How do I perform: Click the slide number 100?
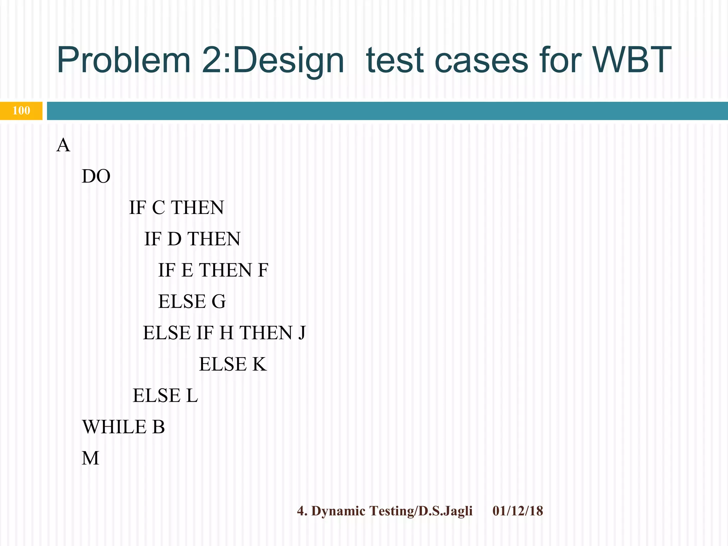pyautogui.click(x=21, y=111)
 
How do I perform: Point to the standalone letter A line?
pyautogui.click(x=63, y=145)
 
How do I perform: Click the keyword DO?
pyautogui.click(x=96, y=176)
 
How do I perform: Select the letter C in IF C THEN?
pyautogui.click(x=159, y=208)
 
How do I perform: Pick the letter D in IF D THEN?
pyautogui.click(x=174, y=239)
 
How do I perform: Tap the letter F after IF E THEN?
pyautogui.click(x=263, y=270)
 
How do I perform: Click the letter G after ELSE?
pyautogui.click(x=219, y=301)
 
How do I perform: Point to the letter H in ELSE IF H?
pyautogui.click(x=226, y=333)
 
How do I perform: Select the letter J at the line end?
pyautogui.click(x=301, y=333)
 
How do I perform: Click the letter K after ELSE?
pyautogui.click(x=259, y=364)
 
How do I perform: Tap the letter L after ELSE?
pyautogui.click(x=192, y=395)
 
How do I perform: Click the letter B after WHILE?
pyautogui.click(x=159, y=427)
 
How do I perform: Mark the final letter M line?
pyautogui.click(x=90, y=458)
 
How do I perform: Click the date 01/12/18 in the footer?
pyautogui.click(x=518, y=511)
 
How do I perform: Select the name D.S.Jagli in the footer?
pyautogui.click(x=445, y=511)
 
